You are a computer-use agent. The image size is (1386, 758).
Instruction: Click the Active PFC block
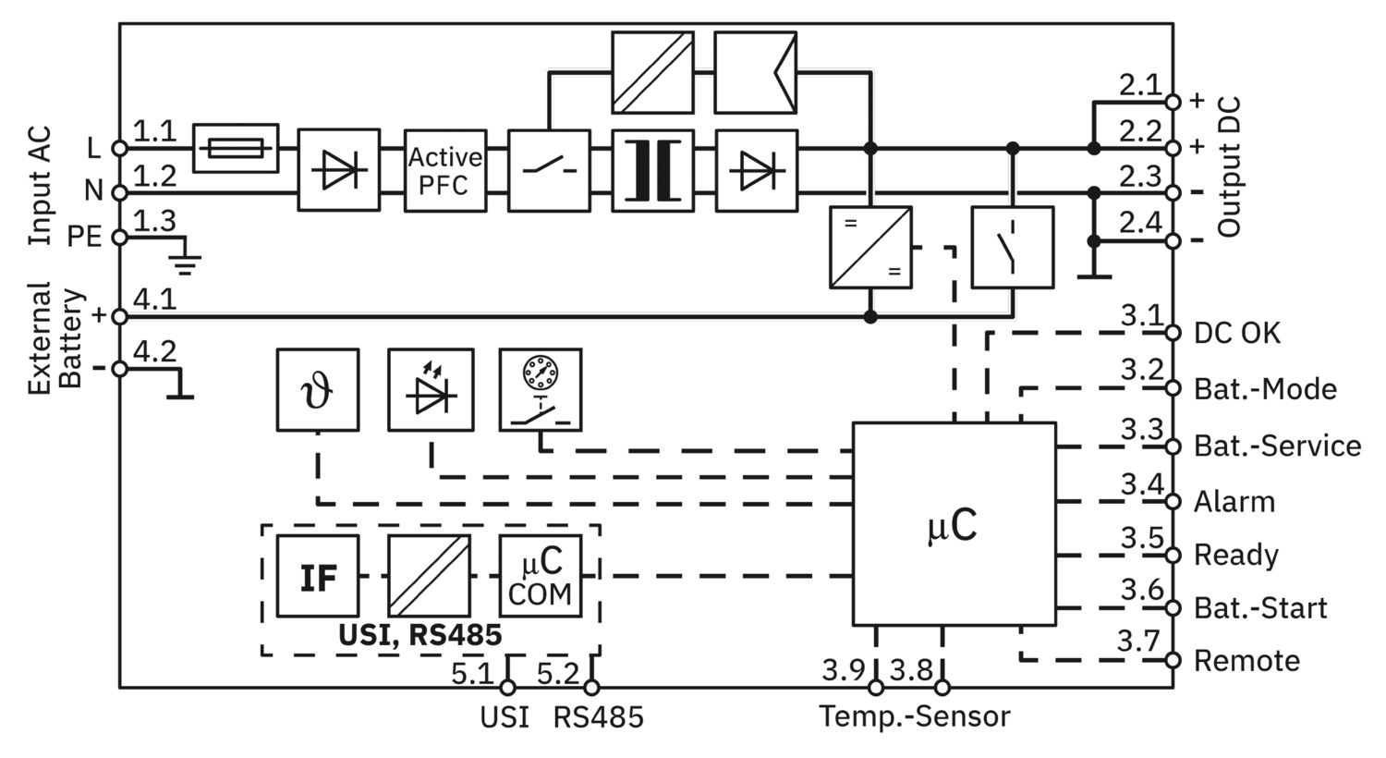point(445,171)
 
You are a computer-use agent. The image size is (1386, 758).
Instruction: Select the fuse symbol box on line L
point(236,149)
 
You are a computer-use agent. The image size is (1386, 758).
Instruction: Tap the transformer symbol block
point(652,171)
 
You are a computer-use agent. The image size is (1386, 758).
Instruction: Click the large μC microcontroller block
point(954,524)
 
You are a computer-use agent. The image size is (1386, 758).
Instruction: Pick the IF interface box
point(318,576)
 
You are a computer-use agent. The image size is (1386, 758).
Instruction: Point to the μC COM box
point(541,576)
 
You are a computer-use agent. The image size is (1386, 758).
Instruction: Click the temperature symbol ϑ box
point(318,390)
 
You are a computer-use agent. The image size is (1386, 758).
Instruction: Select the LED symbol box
point(431,390)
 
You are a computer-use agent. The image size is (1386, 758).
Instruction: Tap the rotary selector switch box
point(541,390)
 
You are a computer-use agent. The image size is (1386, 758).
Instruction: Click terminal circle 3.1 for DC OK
point(1173,333)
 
